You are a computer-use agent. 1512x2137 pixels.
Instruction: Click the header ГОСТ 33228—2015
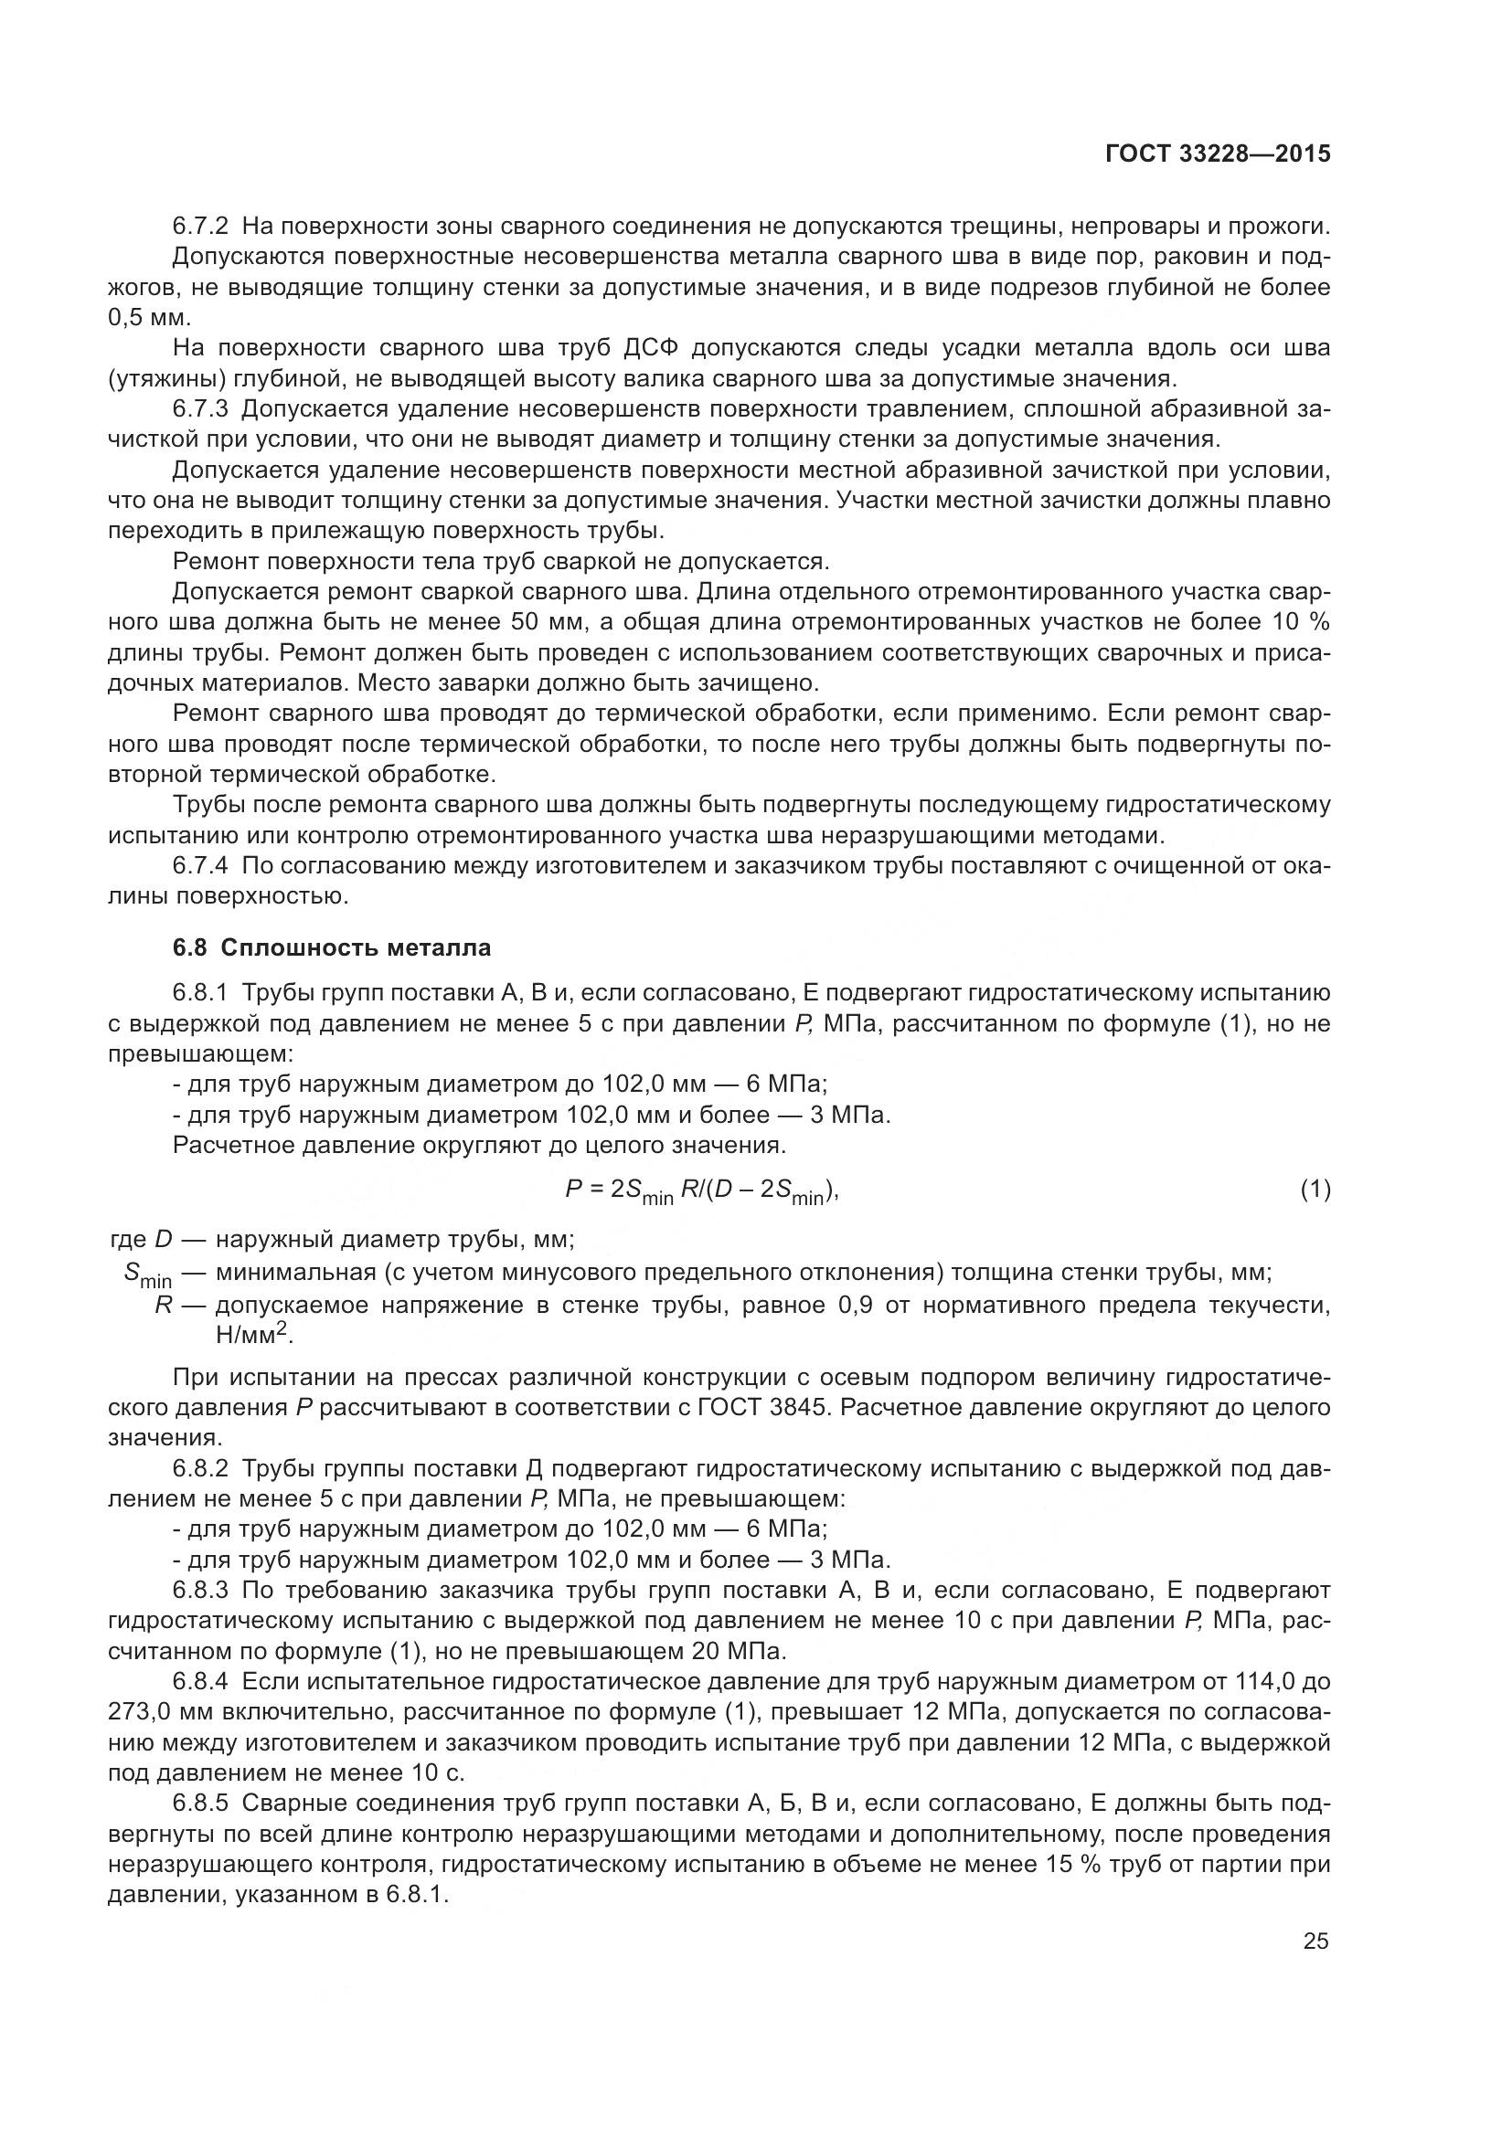(x=1217, y=154)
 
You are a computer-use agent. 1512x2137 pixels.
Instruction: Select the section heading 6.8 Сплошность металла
(x=332, y=948)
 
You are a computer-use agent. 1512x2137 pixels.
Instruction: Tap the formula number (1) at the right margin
(x=1315, y=1190)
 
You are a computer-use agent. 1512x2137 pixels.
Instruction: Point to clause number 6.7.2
(x=200, y=227)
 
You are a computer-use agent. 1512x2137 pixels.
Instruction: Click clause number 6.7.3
(x=200, y=408)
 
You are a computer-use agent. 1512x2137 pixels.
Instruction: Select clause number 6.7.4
(x=200, y=865)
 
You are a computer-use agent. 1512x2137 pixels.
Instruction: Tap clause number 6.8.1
(x=200, y=994)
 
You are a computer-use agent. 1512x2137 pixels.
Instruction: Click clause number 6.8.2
(x=200, y=1469)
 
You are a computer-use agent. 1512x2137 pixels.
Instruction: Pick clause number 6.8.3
(x=200, y=1591)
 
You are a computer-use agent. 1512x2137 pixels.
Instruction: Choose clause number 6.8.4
(x=200, y=1682)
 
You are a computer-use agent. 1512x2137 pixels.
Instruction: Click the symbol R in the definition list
(x=163, y=1305)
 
